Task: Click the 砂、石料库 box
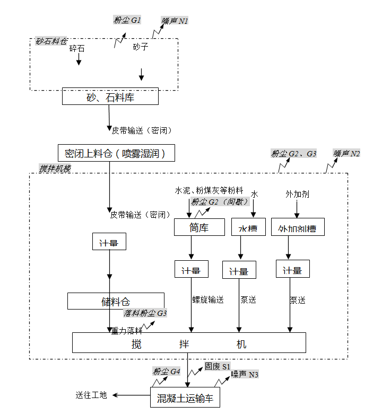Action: click(x=110, y=97)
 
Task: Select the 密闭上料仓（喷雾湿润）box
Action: click(x=116, y=154)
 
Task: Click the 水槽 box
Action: click(x=248, y=228)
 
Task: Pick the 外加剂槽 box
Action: click(x=297, y=228)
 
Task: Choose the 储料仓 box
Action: click(x=116, y=302)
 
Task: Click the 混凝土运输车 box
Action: click(x=185, y=398)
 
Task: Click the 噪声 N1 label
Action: click(x=175, y=21)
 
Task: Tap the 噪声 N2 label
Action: click(x=347, y=153)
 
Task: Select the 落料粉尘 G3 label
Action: click(x=146, y=313)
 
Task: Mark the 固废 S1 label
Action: click(x=218, y=366)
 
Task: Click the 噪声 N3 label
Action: click(x=245, y=375)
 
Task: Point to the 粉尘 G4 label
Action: click(x=166, y=371)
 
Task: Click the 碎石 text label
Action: click(x=77, y=48)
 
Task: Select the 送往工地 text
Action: click(x=91, y=395)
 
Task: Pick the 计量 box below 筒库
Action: click(x=191, y=270)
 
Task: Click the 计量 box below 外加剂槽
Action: click(x=292, y=270)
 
